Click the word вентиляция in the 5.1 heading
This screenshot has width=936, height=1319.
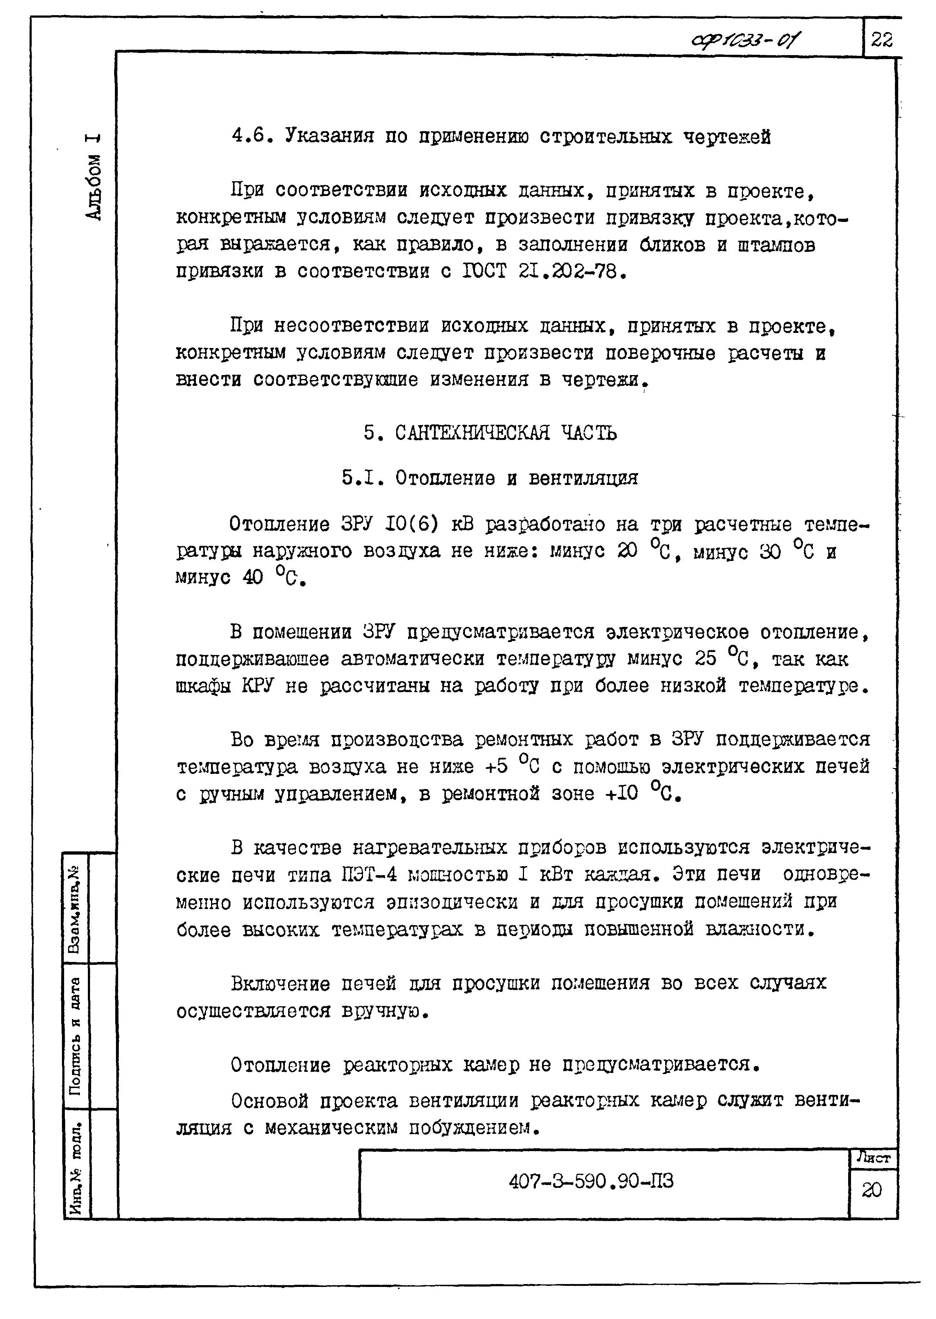pyautogui.click(x=583, y=478)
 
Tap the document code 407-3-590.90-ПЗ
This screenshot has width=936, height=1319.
pyautogui.click(x=591, y=1182)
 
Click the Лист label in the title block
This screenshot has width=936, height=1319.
pyautogui.click(x=873, y=1157)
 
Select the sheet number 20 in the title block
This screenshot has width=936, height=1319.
pyautogui.click(x=872, y=1190)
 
